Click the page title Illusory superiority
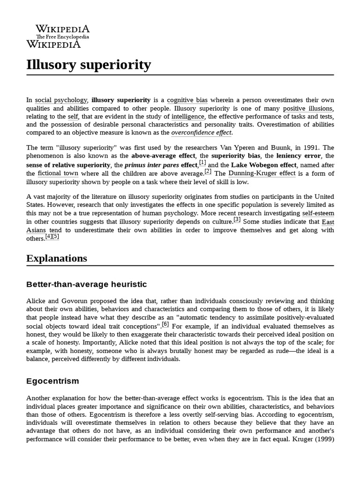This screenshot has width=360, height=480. click(x=89, y=65)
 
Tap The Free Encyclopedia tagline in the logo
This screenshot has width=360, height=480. click(x=62, y=37)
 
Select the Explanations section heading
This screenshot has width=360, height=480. click(x=57, y=258)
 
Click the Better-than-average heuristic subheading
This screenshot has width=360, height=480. click(x=87, y=285)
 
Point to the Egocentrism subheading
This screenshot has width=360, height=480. click(x=52, y=381)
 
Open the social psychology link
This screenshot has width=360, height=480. click(x=61, y=100)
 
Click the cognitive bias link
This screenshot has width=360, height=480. click(x=187, y=100)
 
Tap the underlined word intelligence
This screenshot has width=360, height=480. click(x=188, y=116)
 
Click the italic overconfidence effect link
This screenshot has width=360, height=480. click(x=201, y=133)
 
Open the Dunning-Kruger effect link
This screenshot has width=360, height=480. click(x=262, y=173)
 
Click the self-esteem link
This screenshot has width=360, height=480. click(x=318, y=213)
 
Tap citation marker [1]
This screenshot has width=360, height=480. click(x=202, y=163)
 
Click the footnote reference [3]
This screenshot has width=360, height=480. click(x=237, y=219)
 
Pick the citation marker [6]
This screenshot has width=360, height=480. click(x=165, y=324)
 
